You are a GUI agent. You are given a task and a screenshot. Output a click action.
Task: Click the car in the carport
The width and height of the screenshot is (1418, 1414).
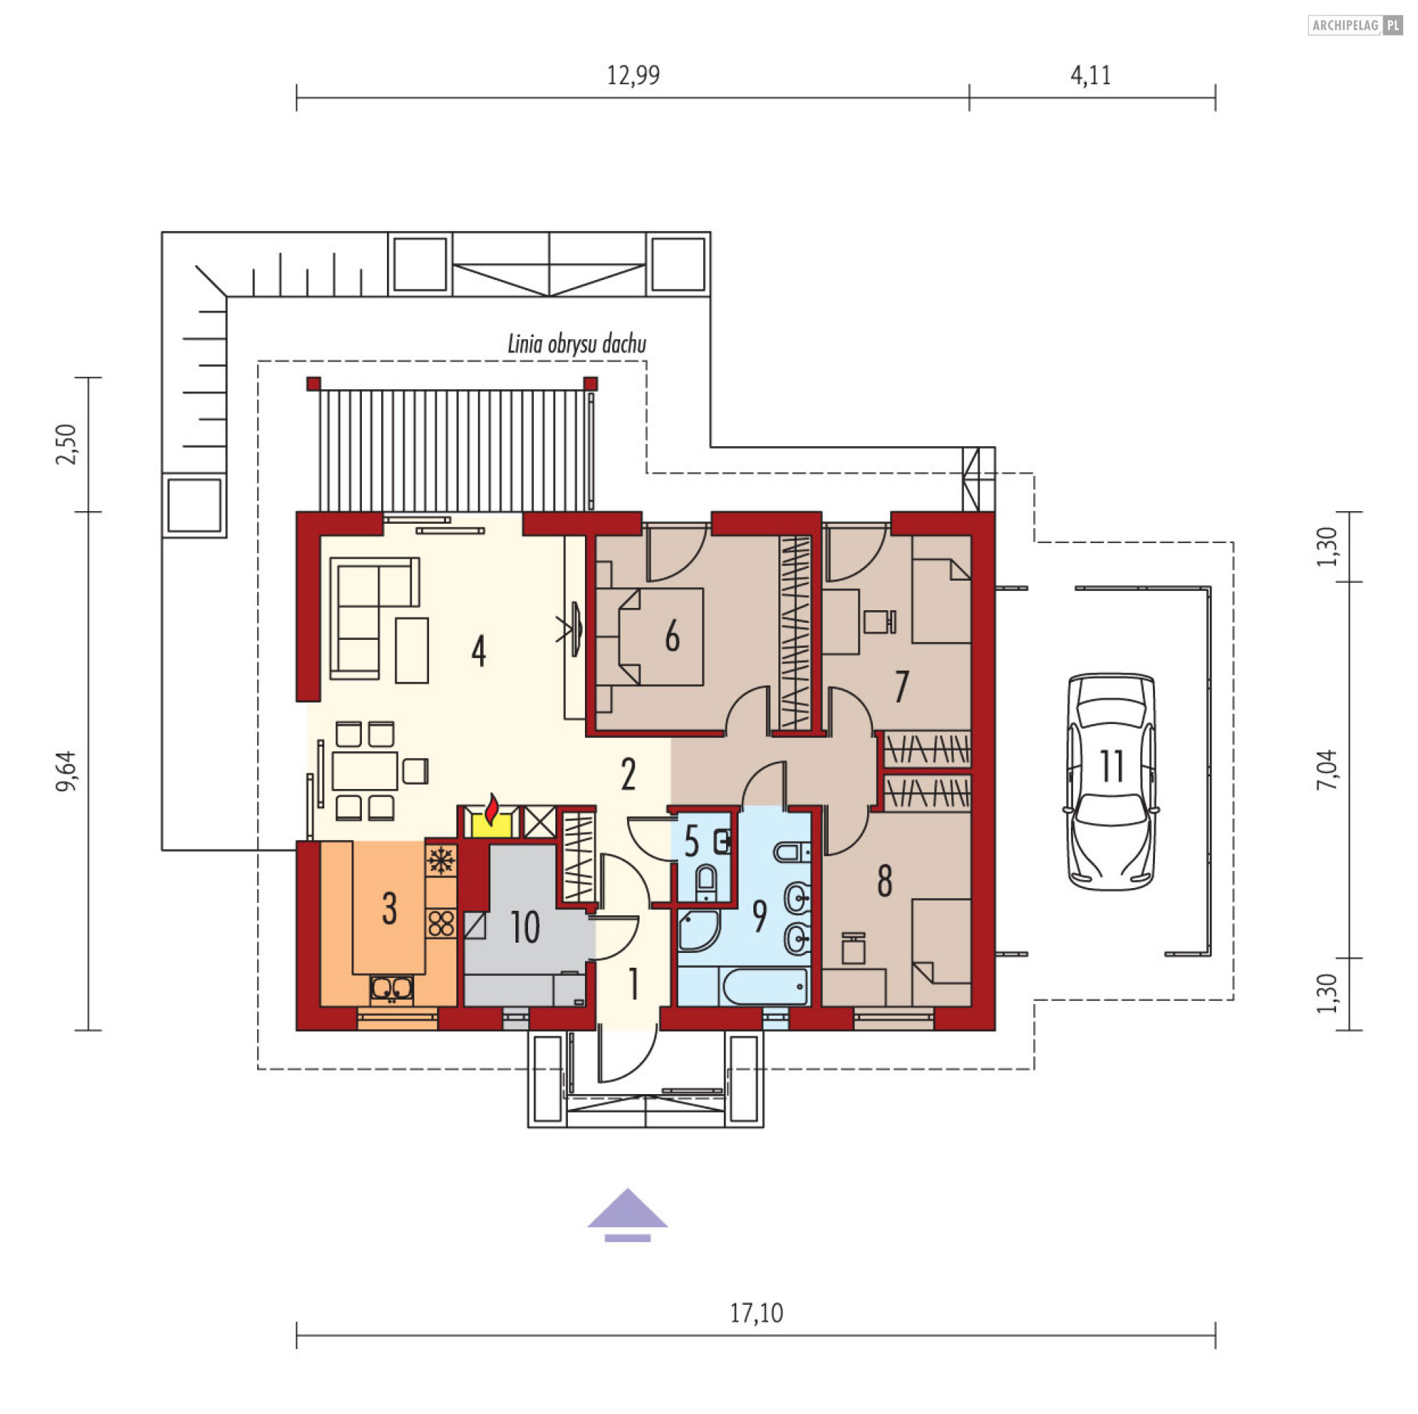pyautogui.click(x=1111, y=782)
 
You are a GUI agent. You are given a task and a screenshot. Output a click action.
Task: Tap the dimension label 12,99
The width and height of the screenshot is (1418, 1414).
pyautogui.click(x=633, y=75)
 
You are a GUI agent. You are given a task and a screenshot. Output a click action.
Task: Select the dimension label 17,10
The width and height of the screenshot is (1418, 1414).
pyautogui.click(x=756, y=1313)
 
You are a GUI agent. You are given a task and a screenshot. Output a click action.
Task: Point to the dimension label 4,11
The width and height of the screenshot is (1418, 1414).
pyautogui.click(x=1091, y=75)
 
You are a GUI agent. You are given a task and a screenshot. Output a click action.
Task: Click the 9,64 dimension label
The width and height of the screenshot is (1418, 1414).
pyautogui.click(x=66, y=771)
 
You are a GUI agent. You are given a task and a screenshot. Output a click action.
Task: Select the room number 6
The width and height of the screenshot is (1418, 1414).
pyautogui.click(x=672, y=636)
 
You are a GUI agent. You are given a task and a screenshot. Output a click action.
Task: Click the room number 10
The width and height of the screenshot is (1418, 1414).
pyautogui.click(x=525, y=927)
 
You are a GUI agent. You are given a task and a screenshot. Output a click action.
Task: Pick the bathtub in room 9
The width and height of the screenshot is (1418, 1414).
pyautogui.click(x=765, y=987)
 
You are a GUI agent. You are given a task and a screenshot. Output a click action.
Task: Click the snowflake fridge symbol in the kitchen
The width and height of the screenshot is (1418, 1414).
pyautogui.click(x=441, y=860)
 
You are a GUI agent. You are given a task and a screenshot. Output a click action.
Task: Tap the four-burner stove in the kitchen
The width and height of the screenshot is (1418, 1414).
pyautogui.click(x=441, y=923)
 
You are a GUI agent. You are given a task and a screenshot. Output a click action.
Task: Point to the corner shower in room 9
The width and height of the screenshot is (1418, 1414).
pyautogui.click(x=697, y=931)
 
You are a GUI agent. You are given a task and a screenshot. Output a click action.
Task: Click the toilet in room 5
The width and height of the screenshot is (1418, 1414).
pyautogui.click(x=707, y=882)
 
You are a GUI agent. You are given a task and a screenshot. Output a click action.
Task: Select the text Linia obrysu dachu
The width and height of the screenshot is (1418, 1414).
pyautogui.click(x=577, y=344)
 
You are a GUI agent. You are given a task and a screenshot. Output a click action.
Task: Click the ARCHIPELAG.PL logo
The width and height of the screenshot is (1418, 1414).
pyautogui.click(x=1355, y=25)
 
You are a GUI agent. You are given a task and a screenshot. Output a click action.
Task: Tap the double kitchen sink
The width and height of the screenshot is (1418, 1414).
pyautogui.click(x=391, y=989)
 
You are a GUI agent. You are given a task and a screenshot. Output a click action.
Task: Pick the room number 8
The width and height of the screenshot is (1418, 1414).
pyautogui.click(x=885, y=881)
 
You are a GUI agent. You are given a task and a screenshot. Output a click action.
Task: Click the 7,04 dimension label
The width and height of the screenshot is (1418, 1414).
pyautogui.click(x=1326, y=770)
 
